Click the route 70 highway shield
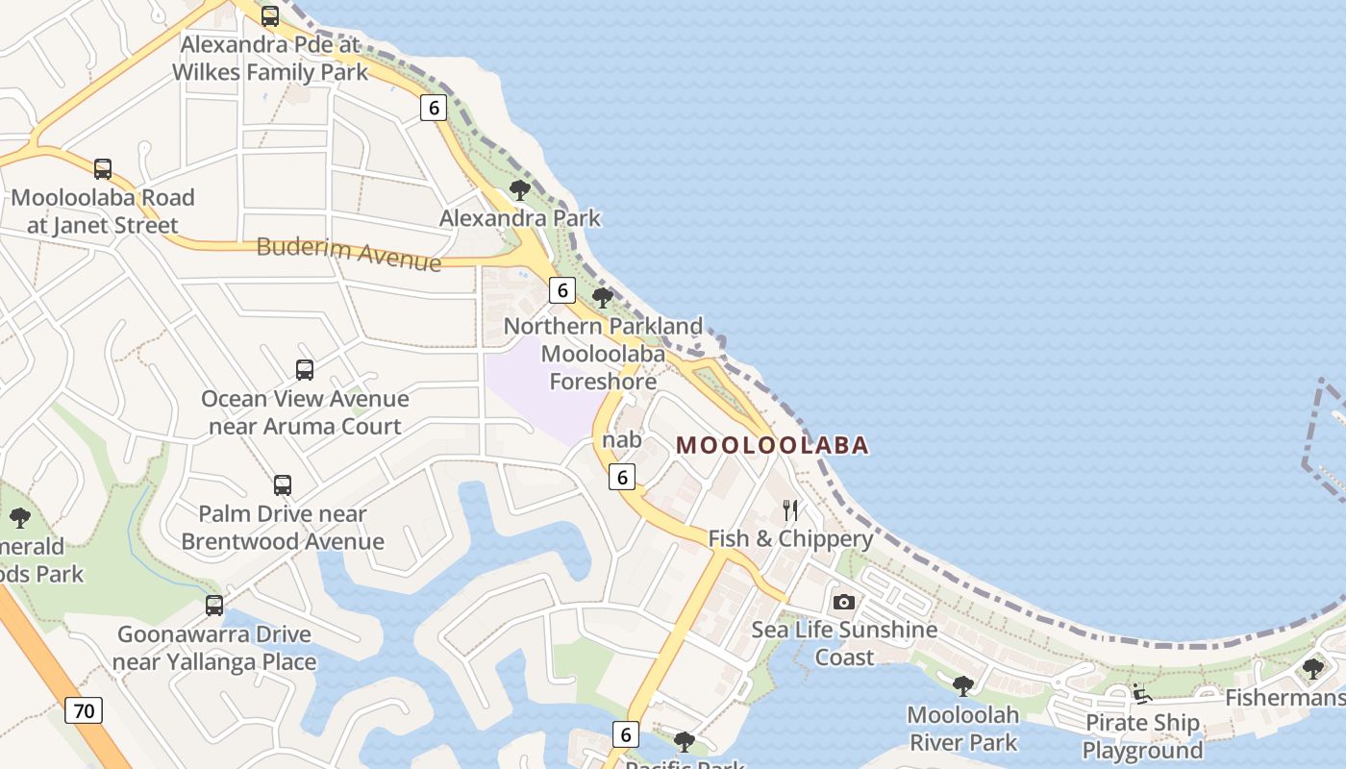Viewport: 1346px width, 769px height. (85, 711)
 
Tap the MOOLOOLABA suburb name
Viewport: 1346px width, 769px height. (773, 445)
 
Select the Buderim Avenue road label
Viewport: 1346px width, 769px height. (349, 253)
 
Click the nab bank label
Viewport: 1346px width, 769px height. (621, 439)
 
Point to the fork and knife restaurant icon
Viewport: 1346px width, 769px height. (790, 509)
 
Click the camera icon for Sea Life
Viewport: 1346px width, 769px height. (844, 602)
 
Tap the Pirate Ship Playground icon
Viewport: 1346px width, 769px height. (1141, 694)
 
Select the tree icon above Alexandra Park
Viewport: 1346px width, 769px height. (520, 190)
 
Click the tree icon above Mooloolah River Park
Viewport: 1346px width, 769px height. (962, 685)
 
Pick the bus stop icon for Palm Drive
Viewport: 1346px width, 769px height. (283, 485)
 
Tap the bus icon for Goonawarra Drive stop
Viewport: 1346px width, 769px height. (214, 606)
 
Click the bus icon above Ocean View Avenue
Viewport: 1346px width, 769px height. (305, 370)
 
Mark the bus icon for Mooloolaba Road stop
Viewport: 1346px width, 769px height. (103, 169)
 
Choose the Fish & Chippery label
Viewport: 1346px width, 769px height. (790, 538)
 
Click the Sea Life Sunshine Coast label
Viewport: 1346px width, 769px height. (844, 643)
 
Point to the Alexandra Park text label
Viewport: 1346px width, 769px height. (520, 218)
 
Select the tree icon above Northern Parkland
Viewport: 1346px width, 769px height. (603, 298)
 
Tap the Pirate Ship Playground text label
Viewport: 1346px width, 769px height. (1142, 736)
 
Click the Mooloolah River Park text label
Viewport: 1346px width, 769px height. (962, 729)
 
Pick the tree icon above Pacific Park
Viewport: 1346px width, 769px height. (685, 741)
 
